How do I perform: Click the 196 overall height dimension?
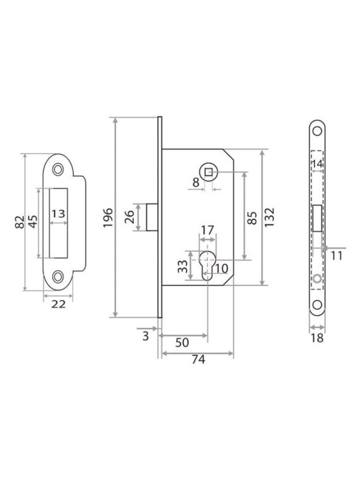point(108,217)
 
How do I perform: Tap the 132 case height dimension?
point(269,217)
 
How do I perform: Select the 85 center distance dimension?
point(252,218)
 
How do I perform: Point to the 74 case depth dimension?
point(198,359)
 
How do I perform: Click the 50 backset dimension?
point(182,343)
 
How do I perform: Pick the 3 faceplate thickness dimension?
point(145,336)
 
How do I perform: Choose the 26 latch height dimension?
point(129,217)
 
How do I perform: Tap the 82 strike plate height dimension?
point(19,222)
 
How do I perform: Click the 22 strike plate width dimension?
point(58,304)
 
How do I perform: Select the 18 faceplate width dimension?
point(317,338)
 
